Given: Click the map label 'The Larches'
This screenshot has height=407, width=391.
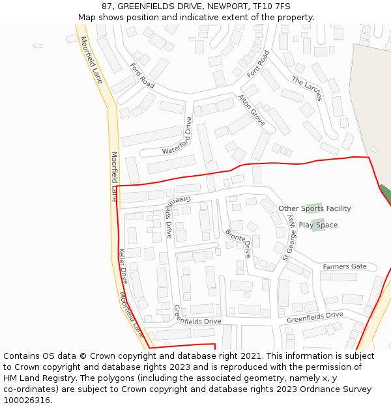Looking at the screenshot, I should [307, 89].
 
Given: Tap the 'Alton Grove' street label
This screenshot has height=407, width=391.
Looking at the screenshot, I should [252, 110].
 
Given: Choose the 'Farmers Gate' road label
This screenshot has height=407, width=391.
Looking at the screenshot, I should [345, 267].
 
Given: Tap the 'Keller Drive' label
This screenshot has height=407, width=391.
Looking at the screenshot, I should [124, 266].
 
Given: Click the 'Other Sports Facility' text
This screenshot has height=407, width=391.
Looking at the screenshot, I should [315, 208].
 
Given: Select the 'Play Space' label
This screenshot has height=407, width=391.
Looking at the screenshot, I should [318, 225].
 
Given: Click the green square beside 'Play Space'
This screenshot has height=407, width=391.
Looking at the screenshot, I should [319, 225].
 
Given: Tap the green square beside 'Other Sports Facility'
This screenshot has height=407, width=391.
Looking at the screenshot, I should [315, 208].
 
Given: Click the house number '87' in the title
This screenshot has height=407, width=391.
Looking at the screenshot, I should [107, 7].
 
